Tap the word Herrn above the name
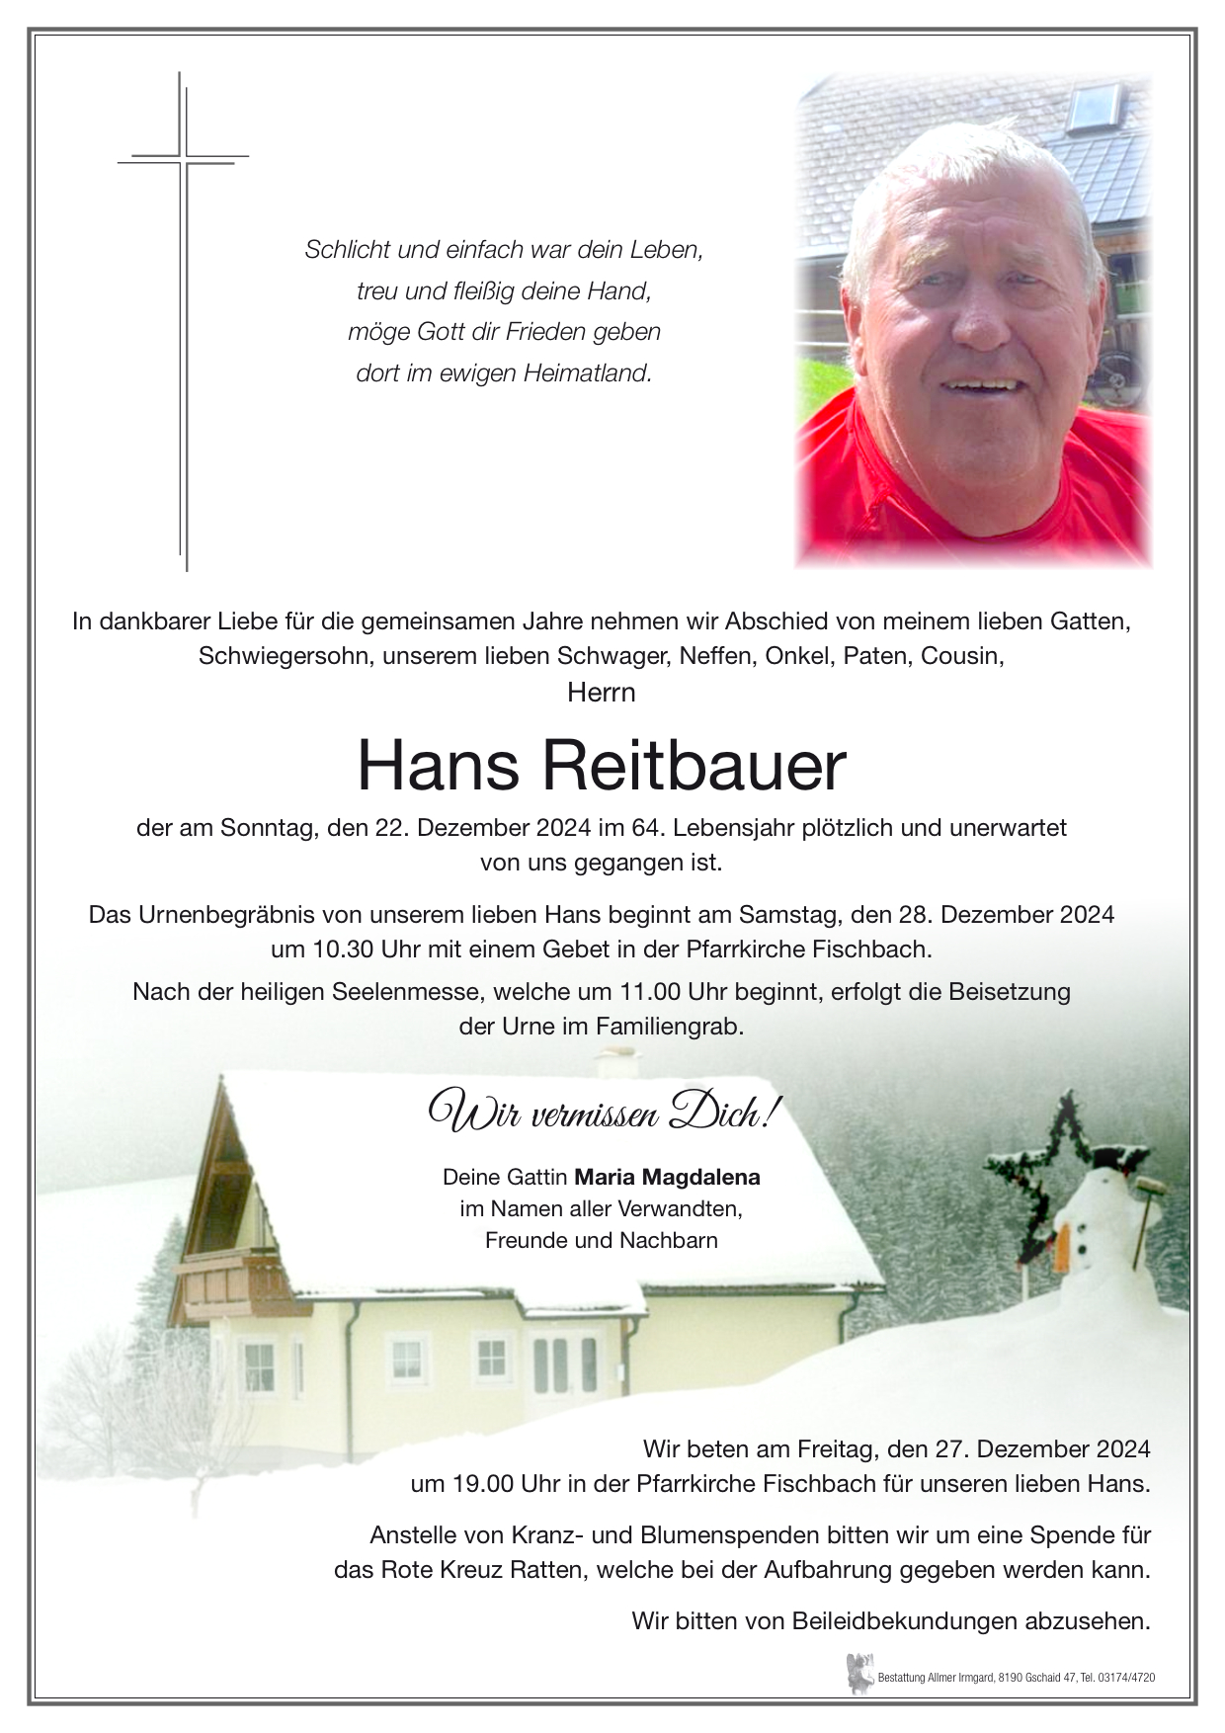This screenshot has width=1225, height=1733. click(x=601, y=693)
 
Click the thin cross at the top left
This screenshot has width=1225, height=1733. click(x=184, y=321)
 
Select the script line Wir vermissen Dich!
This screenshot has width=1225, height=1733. click(x=601, y=1113)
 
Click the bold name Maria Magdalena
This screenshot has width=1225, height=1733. click(x=667, y=1177)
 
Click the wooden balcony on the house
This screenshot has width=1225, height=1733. click(x=232, y=1284)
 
